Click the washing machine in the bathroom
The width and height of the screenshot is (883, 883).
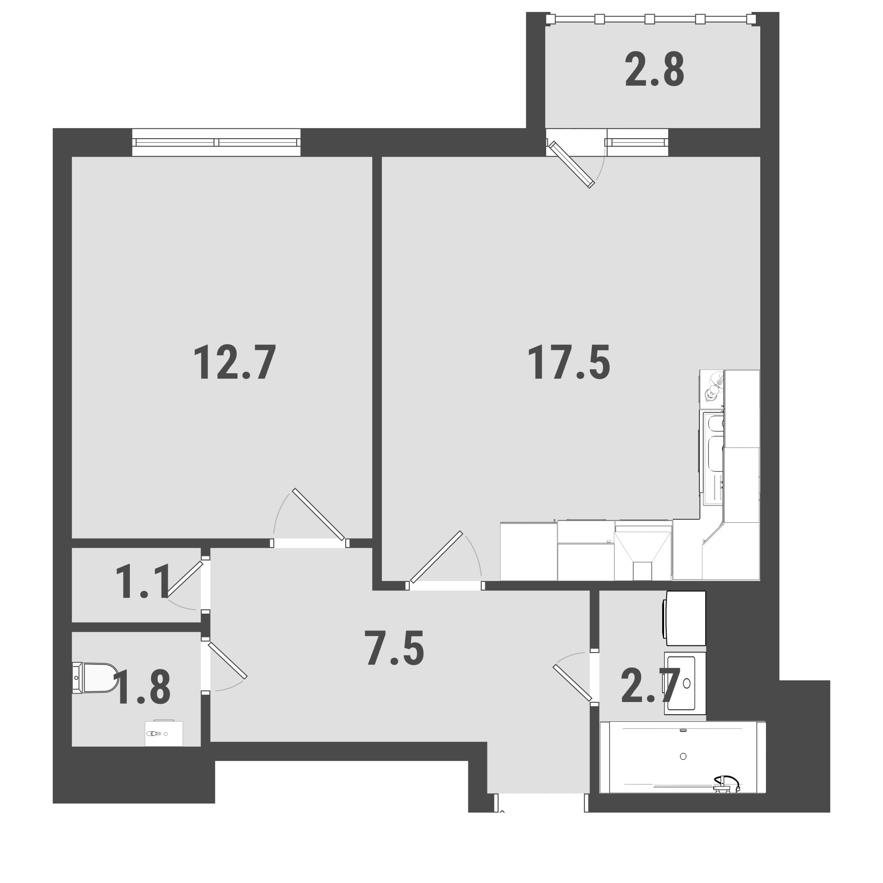(x=684, y=619)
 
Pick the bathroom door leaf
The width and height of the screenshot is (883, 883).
(x=572, y=683)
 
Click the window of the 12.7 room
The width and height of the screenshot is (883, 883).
(x=216, y=142)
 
